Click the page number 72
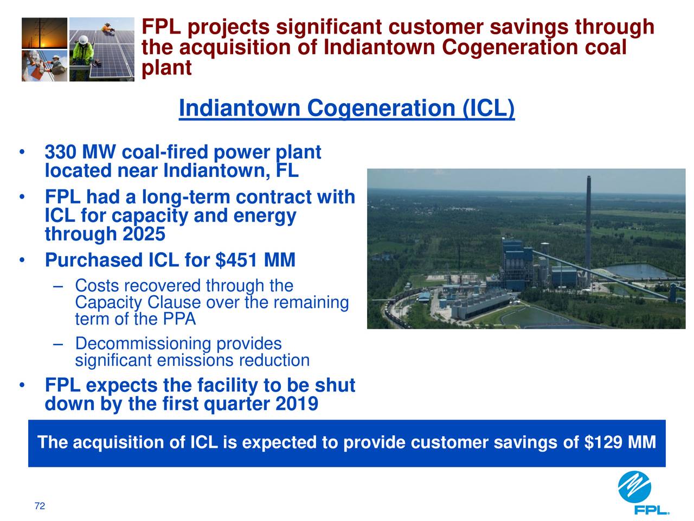pos(40,506)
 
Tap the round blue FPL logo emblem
pos(634,487)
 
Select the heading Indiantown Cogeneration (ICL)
pos(346,108)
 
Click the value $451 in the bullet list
pos(236,260)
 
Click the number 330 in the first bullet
pos(60,152)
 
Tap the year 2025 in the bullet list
pos(144,234)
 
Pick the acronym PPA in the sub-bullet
pos(179,319)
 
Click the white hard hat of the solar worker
pos(83,40)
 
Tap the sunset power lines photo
pos(44,33)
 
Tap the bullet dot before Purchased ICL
pos(22,260)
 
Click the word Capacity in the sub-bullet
pos(108,303)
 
